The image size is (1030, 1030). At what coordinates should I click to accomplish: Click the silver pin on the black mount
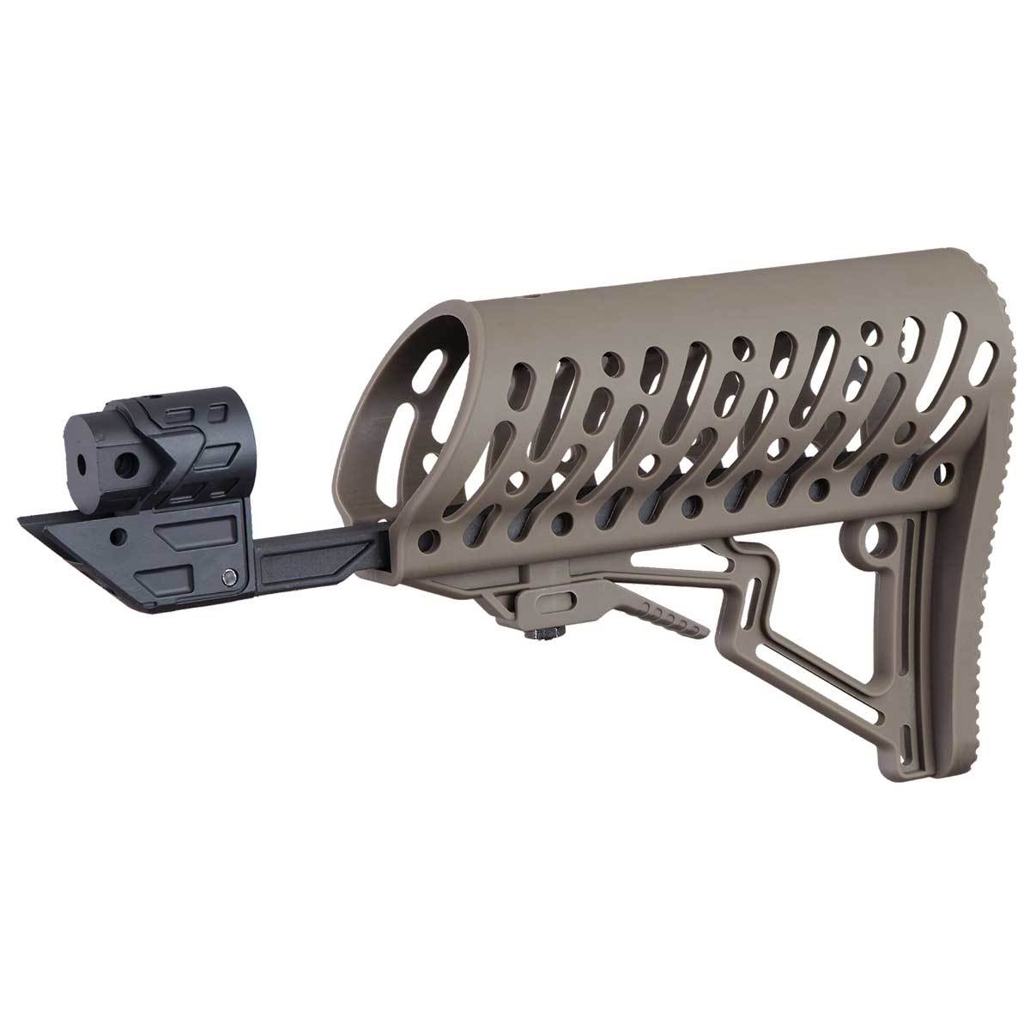coord(228,576)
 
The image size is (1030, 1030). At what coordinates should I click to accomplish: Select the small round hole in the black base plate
coord(118,539)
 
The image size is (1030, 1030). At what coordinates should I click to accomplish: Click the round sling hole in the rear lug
coord(876,542)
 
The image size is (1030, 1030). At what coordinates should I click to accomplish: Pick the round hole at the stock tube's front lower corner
coord(427,542)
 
